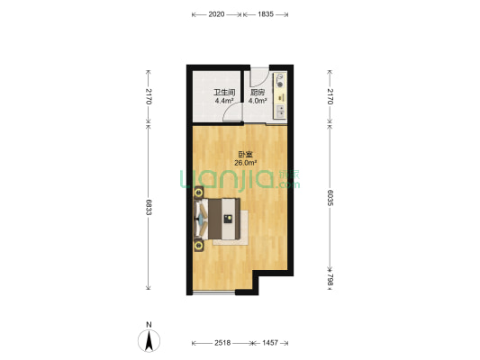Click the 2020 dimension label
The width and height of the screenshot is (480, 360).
[216, 14]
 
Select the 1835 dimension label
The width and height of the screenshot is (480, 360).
[266, 14]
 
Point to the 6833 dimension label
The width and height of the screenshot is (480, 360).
[149, 207]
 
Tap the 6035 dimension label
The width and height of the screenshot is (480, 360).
[330, 198]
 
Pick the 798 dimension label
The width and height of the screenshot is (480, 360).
[330, 280]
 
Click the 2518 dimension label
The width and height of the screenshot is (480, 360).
[222, 343]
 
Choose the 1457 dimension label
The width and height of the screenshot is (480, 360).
[270, 343]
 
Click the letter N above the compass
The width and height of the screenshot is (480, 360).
[149, 325]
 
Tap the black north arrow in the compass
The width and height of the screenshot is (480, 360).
[149, 341]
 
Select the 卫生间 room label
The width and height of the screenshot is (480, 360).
[224, 93]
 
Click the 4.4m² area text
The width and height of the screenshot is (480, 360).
[224, 100]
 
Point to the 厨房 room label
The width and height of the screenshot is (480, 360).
[258, 93]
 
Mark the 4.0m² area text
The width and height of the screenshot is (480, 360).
[258, 100]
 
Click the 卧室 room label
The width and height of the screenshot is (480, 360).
[246, 155]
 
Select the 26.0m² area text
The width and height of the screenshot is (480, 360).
[246, 163]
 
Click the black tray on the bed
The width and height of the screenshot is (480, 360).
[228, 219]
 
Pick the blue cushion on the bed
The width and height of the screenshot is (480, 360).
[201, 219]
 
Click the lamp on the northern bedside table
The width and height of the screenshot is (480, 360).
[199, 193]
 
